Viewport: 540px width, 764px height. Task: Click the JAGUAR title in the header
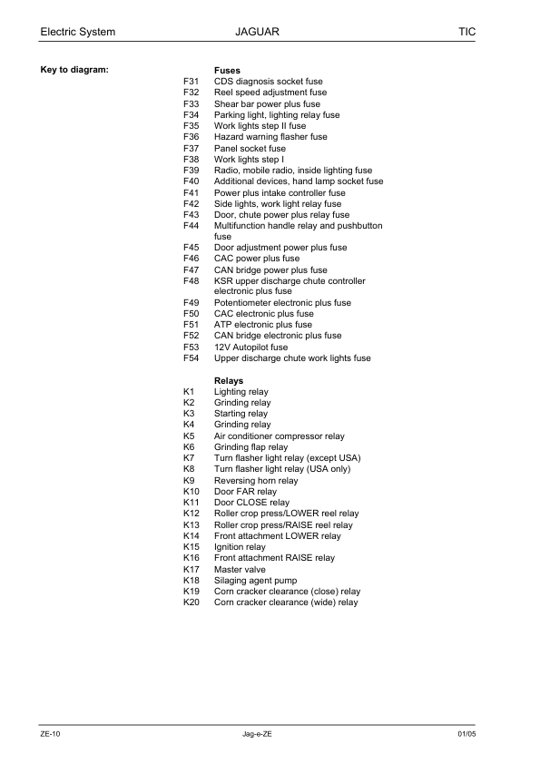click(256, 32)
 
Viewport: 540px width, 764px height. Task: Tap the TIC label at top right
click(467, 32)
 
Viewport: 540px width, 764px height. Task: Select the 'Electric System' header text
click(78, 32)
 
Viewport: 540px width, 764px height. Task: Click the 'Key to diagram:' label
click(74, 70)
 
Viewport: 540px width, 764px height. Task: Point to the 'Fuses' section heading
click(227, 70)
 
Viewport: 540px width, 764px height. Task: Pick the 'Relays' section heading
click(229, 380)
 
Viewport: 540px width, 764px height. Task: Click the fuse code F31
click(191, 82)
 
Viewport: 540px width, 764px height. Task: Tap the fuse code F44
click(191, 225)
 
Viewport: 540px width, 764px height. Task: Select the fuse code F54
click(191, 358)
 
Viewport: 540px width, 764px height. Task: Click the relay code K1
click(189, 392)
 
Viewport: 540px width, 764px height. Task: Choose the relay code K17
click(191, 569)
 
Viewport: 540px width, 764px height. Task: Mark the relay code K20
click(191, 602)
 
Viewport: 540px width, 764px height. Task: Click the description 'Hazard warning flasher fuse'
click(270, 137)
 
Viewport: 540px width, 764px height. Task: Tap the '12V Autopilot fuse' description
click(250, 347)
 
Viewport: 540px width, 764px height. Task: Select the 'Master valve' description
click(241, 569)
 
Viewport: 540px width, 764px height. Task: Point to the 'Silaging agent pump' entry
click(255, 580)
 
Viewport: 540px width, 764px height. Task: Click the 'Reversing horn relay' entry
click(256, 480)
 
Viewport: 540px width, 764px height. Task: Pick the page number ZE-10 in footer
click(50, 733)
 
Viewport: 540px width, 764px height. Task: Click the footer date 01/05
click(466, 733)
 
